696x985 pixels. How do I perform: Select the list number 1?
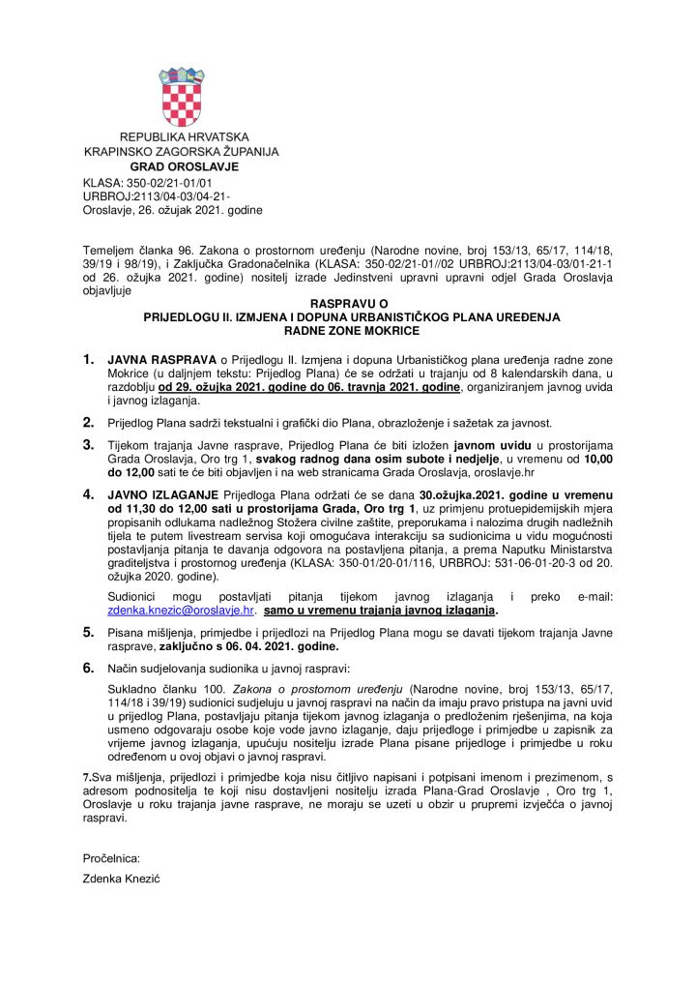[x=89, y=360]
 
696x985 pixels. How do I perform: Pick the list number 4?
[x=89, y=493]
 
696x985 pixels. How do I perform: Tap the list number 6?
[x=89, y=669]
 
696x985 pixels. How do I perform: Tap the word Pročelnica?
[x=112, y=857]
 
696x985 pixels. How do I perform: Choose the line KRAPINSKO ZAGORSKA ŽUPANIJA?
[x=181, y=152]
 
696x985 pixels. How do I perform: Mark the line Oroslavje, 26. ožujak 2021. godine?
[x=173, y=210]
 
